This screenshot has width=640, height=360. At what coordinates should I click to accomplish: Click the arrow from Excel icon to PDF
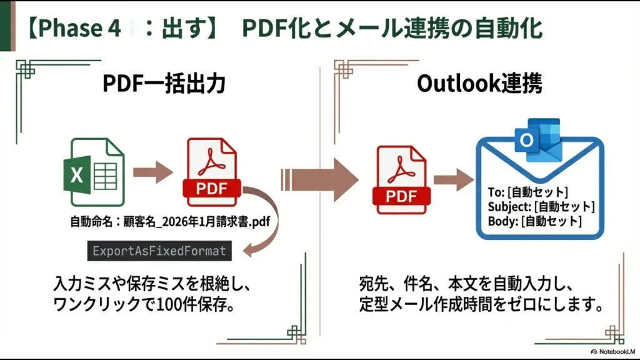click(x=152, y=171)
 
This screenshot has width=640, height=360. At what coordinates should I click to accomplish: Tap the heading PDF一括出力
click(x=164, y=84)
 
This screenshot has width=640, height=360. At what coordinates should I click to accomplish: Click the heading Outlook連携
click(x=479, y=84)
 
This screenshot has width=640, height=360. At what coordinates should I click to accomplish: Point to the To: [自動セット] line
click(x=528, y=192)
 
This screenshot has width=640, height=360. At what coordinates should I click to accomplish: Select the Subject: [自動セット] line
click(x=541, y=206)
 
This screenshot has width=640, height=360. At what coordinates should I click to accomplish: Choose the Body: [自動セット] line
click(x=535, y=221)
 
